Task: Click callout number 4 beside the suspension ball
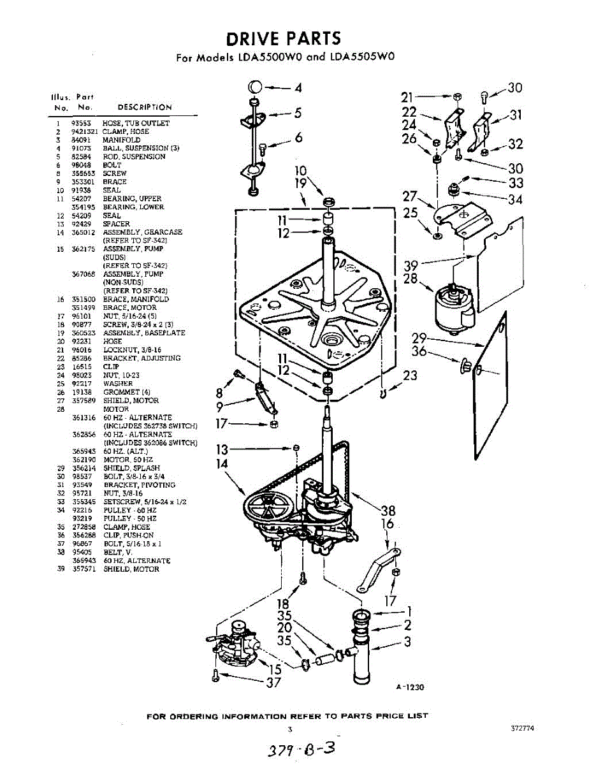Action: pos(298,88)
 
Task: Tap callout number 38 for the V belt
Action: pos(388,510)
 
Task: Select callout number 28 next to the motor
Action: pos(412,279)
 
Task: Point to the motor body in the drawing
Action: pos(451,309)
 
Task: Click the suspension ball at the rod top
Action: pos(253,87)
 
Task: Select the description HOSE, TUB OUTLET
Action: pos(136,123)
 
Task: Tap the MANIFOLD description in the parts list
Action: pos(122,140)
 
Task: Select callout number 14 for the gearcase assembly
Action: pos(222,464)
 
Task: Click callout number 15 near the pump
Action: pos(275,669)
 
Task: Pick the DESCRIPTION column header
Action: pos(145,107)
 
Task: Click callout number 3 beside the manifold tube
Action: pos(407,642)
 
